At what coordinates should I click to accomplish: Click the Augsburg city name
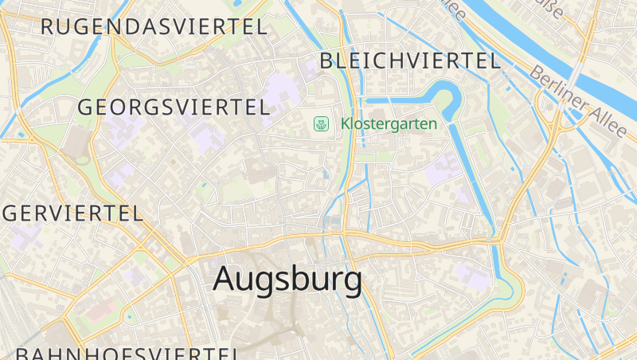point(287,279)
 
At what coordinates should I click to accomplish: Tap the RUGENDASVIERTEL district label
point(154,26)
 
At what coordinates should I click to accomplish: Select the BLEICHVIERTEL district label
point(409,61)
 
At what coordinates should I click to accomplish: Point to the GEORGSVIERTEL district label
point(174,108)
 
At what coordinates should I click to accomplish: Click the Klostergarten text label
point(389,123)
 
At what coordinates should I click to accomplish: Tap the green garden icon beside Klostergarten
point(322,123)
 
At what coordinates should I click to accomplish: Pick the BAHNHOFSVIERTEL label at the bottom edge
point(127,354)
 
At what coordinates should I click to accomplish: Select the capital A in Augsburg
point(226,279)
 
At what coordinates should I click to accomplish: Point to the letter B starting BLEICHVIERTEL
point(326,61)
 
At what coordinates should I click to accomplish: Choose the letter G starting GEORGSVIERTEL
point(85,108)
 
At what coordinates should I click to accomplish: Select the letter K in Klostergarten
point(346,123)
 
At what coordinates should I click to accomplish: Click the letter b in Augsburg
point(297,279)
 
